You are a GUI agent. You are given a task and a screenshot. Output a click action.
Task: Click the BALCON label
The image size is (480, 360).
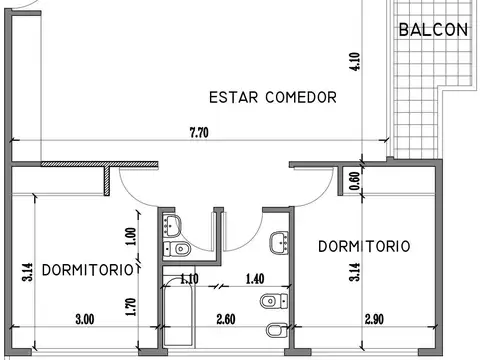433,29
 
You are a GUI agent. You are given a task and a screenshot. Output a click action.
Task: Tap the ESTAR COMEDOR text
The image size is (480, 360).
272,97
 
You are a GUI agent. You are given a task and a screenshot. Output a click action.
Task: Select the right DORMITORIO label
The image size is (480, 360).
363,245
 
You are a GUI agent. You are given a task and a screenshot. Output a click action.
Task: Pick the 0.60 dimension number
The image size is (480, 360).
353,180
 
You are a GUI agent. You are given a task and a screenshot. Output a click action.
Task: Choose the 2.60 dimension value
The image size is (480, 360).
225,320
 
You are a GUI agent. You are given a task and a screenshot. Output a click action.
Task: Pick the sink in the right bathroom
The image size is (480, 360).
281,240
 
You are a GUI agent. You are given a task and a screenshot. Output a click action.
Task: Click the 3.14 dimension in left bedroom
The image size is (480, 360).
28,272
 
